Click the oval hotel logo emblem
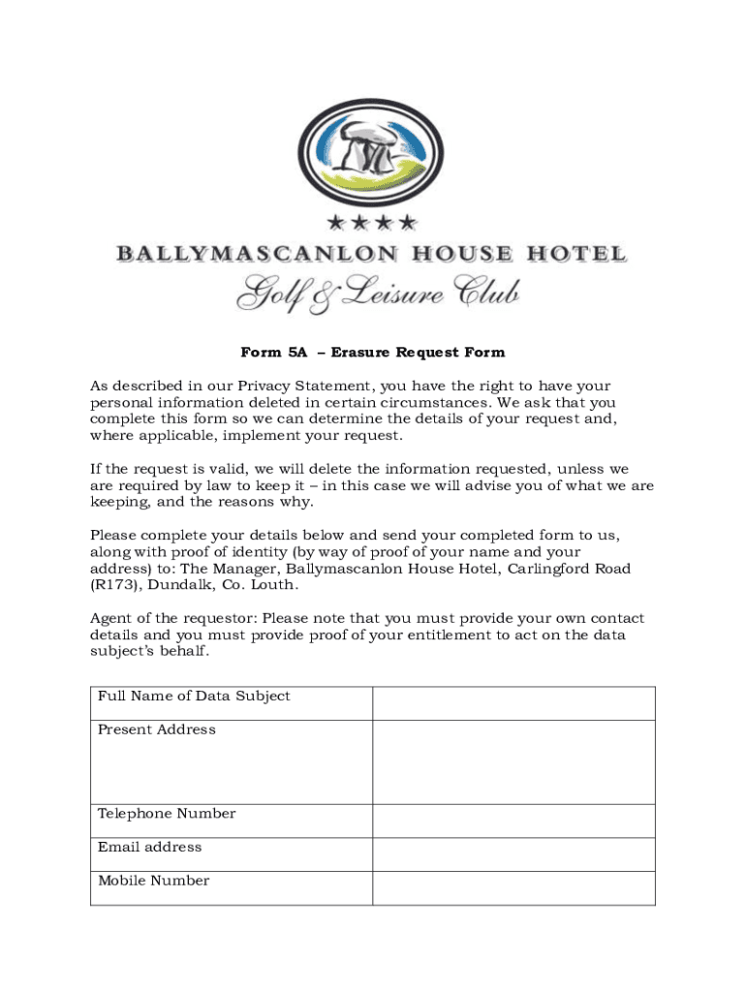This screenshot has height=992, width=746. [x=373, y=151]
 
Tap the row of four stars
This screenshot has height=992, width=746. [x=372, y=224]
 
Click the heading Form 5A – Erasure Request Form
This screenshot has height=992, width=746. [x=373, y=353]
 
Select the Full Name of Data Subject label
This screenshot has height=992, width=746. [x=194, y=696]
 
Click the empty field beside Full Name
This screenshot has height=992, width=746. [x=513, y=703]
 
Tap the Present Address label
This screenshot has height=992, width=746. [x=157, y=729]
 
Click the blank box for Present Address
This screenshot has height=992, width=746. [x=513, y=762]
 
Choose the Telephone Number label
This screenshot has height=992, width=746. [x=167, y=814]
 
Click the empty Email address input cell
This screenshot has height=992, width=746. [x=513, y=854]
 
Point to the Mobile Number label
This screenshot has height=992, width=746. [x=153, y=881]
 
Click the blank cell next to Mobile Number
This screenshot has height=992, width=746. [x=513, y=888]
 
